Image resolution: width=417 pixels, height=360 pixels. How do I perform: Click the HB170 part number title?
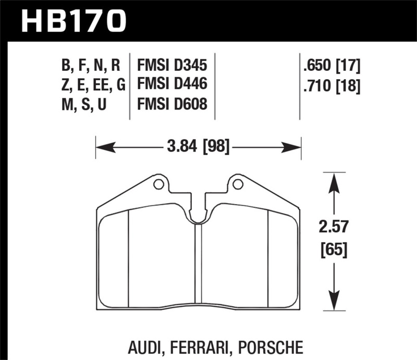click(x=73, y=21)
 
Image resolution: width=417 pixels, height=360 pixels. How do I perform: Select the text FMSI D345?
click(x=172, y=66)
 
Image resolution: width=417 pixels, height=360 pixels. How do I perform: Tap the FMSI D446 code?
click(x=172, y=84)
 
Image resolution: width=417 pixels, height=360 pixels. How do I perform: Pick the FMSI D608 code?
click(x=172, y=104)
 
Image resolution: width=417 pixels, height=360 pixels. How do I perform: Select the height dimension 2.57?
click(x=334, y=227)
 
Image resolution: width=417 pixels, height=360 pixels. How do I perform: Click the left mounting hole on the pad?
click(x=157, y=184)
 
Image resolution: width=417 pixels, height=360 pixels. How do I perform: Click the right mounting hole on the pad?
click(x=238, y=184)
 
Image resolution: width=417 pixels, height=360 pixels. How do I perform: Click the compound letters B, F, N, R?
click(x=92, y=66)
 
